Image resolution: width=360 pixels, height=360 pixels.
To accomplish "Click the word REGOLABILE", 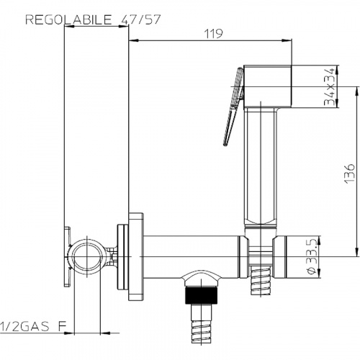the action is point(68,19).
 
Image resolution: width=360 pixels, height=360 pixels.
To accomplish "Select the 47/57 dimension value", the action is point(140,19).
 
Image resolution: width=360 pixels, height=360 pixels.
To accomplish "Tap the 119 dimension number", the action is point(213,34).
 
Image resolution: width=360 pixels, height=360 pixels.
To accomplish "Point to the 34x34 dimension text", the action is point(329,87).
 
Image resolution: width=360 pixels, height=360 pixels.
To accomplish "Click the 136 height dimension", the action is point(349,174).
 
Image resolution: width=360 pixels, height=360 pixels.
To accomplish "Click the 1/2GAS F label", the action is point(33,326).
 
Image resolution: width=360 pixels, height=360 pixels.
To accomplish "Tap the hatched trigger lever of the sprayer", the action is point(233,107).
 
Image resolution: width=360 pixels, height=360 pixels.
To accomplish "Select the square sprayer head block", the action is point(268,86).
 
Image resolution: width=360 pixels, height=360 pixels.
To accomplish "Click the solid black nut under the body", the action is point(202,294).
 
